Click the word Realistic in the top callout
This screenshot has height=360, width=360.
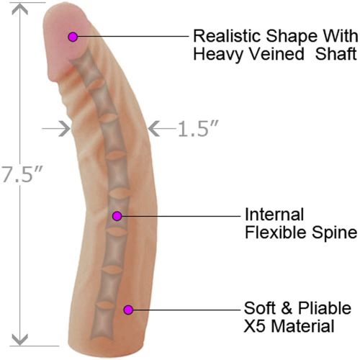pyautogui.click(x=227, y=36)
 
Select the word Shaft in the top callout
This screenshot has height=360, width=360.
pyautogui.click(x=336, y=54)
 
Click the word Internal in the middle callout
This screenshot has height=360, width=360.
pyautogui.click(x=274, y=215)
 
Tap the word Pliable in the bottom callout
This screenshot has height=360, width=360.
pyautogui.click(x=325, y=308)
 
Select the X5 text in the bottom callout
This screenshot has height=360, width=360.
pyautogui.click(x=255, y=326)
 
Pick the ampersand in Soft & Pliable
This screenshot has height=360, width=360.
pyautogui.click(x=287, y=308)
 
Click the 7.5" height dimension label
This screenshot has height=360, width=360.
pyautogui.click(x=22, y=174)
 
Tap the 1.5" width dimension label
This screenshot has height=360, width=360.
pyautogui.click(x=198, y=129)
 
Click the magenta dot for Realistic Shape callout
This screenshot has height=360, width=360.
pyautogui.click(x=73, y=37)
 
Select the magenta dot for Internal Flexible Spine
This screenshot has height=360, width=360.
pyautogui.click(x=117, y=216)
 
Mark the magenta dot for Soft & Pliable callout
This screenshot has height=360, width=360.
pyautogui.click(x=128, y=310)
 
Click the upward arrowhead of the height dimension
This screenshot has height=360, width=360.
pyautogui.click(x=19, y=9)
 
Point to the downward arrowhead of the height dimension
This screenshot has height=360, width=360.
pyautogui.click(x=19, y=340)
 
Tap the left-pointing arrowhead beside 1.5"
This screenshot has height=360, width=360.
pyautogui.click(x=153, y=129)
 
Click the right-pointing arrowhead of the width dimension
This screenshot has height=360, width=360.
pyautogui.click(x=65, y=129)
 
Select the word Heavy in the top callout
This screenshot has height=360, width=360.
pyautogui.click(x=218, y=55)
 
